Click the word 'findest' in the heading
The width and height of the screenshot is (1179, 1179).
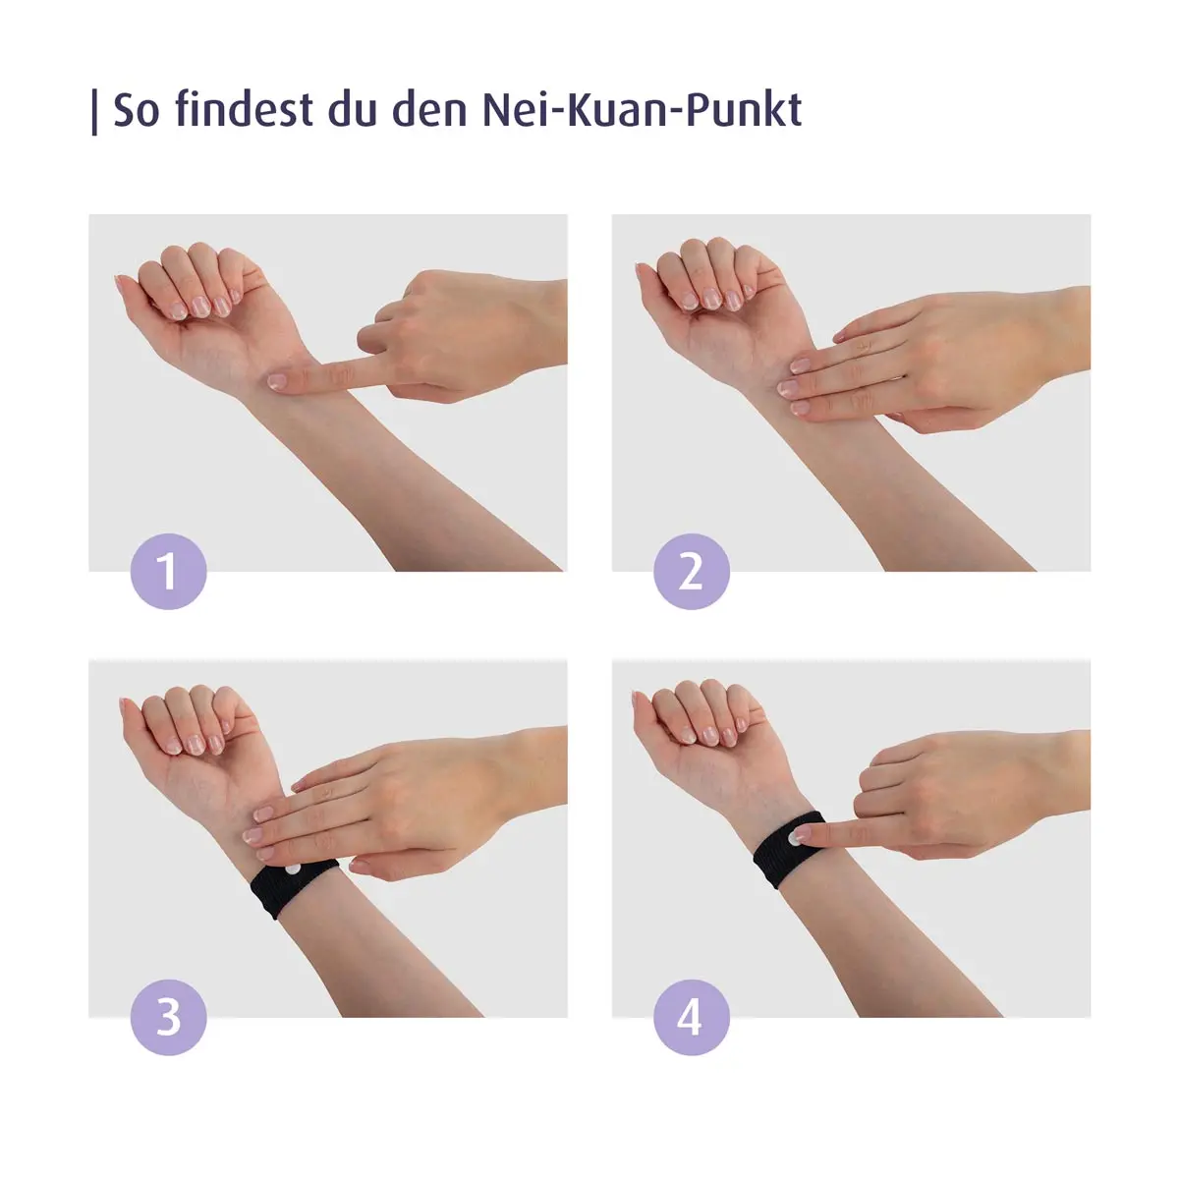[244, 109]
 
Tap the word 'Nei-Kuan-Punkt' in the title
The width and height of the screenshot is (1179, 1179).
[642, 109]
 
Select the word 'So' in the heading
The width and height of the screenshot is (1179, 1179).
[136, 109]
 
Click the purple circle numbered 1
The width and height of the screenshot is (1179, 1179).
[168, 572]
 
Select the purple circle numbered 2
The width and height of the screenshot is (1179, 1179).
[691, 572]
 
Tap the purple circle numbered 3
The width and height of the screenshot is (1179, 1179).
[168, 1017]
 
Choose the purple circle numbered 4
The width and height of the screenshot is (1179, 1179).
[691, 1017]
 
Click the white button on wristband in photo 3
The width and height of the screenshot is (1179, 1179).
[293, 869]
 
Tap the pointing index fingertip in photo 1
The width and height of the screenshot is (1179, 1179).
[278, 381]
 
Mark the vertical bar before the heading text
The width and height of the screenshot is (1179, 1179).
[94, 111]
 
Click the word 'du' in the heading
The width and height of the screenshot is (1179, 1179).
[351, 109]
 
